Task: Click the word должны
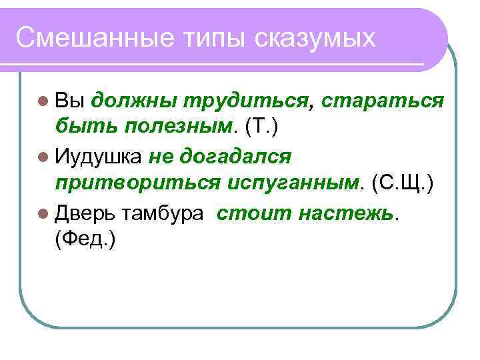click(133, 101)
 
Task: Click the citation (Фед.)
click(86, 239)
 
